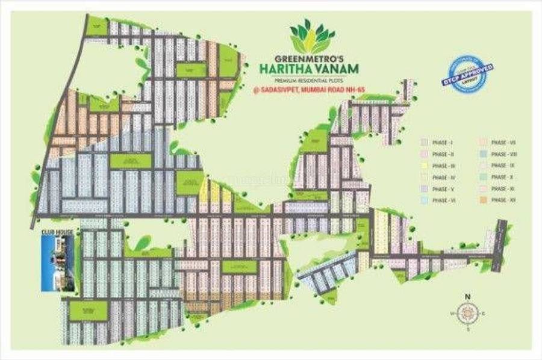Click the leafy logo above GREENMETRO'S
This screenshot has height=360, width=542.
tap(312, 36)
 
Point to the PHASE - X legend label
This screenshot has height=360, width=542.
tap(500, 177)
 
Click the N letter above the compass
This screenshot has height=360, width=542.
tap(467, 296)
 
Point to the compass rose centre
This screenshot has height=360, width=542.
tap(467, 314)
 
